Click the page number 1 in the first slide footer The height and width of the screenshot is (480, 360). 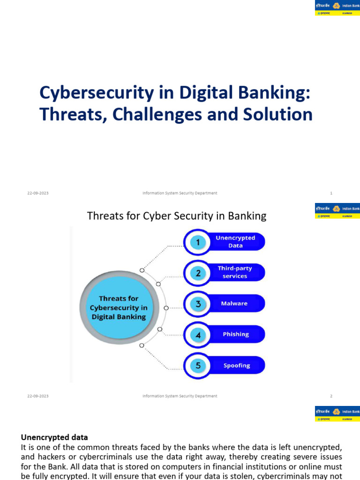tap(331, 193)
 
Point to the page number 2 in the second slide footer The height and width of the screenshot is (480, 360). tap(331, 396)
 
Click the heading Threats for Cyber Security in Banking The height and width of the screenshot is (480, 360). tap(177, 216)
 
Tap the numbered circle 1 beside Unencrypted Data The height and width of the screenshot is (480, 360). tap(198, 242)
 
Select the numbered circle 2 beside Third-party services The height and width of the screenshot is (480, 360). tap(198, 273)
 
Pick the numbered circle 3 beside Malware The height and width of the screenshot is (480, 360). tap(198, 304)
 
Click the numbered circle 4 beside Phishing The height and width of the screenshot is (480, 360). tap(198, 335)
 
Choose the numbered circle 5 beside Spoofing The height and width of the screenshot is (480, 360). tap(198, 366)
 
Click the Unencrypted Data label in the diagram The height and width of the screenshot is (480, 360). tap(235, 242)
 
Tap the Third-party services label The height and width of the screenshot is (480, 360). tap(235, 272)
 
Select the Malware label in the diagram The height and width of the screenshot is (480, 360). tap(234, 304)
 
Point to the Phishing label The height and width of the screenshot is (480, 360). tap(236, 335)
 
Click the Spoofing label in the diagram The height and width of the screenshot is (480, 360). tap(237, 366)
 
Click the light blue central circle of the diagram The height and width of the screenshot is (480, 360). tap(118, 307)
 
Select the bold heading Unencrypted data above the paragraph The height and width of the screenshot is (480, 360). tap(54, 437)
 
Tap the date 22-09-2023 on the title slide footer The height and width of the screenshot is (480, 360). tap(37, 193)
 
